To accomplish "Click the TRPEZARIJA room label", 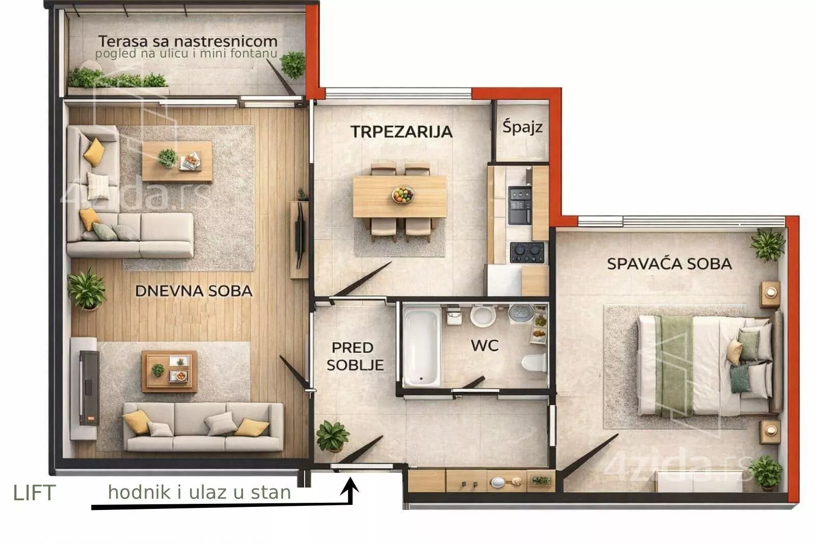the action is click(401, 132).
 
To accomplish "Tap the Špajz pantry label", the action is click(523, 127).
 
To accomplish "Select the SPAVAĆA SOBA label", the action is click(669, 264).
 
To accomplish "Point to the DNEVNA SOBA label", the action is click(194, 291).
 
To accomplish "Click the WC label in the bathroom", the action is click(484, 346).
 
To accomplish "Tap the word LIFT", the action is click(35, 493).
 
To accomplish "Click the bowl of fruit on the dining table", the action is click(403, 194).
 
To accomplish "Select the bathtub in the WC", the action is click(421, 347).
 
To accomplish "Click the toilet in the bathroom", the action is click(534, 362).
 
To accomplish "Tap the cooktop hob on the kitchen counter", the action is click(527, 252).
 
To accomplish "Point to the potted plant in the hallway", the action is click(332, 436).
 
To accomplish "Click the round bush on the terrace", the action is click(293, 65).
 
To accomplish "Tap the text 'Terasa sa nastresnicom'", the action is click(188, 41).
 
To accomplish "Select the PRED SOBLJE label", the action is click(355, 356).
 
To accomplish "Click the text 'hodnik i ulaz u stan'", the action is click(199, 493).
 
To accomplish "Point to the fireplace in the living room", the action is click(89, 388).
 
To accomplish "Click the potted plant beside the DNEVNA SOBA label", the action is click(87, 289).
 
